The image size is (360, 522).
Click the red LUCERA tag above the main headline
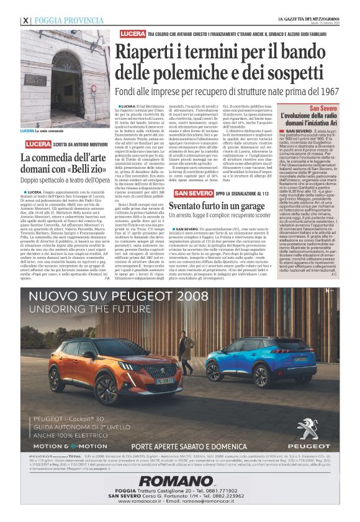click(x=132, y=32)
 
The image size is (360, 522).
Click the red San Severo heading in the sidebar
click(x=323, y=91)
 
